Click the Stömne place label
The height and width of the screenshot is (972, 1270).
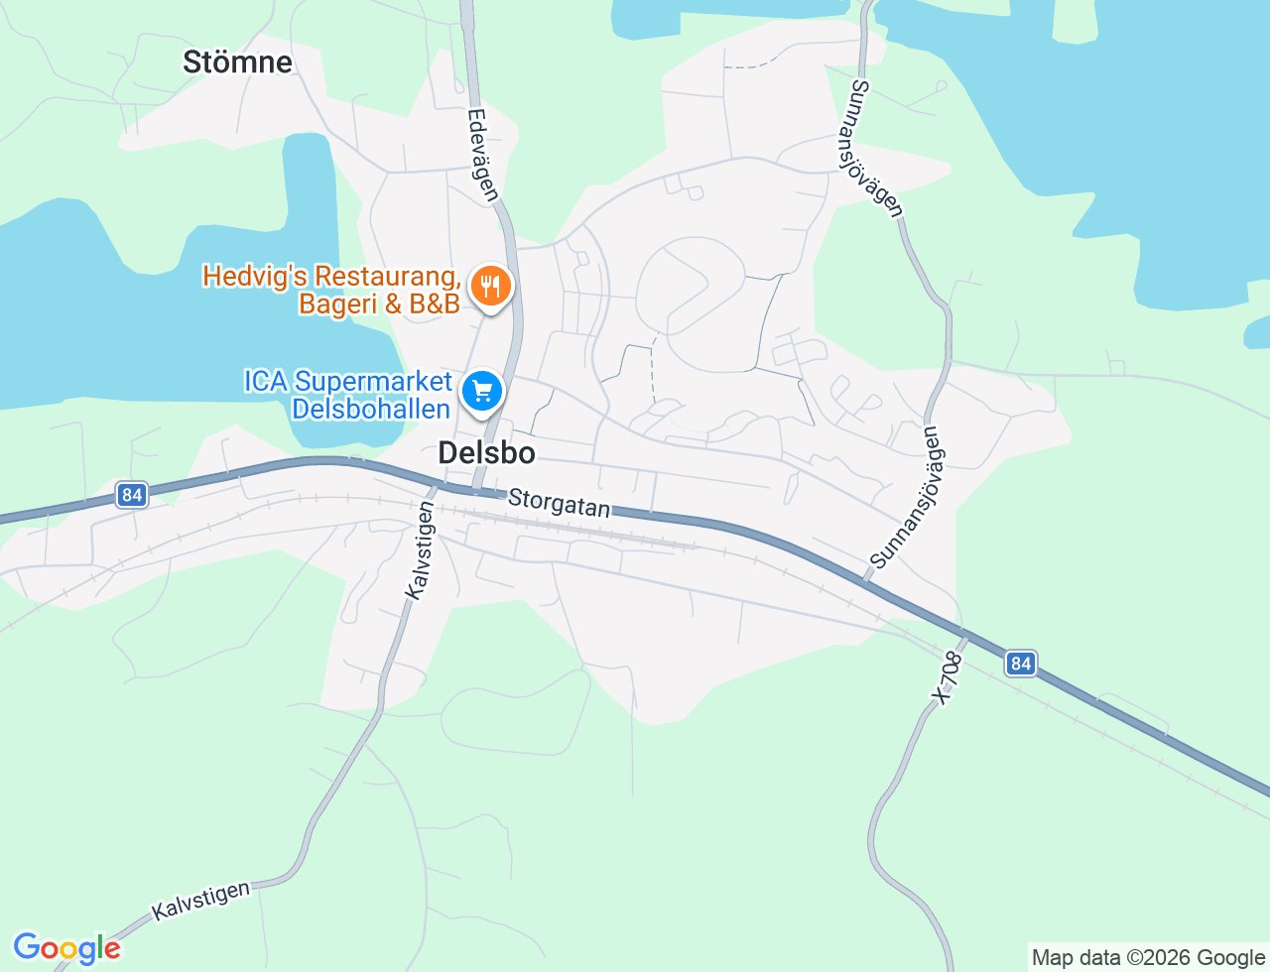click(238, 62)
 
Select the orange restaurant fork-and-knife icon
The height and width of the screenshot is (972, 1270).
click(490, 286)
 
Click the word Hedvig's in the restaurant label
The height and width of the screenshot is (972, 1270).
click(252, 276)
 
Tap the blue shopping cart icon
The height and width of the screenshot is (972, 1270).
click(483, 391)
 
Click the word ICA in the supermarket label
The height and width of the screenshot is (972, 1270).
click(266, 382)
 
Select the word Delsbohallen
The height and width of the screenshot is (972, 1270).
click(371, 409)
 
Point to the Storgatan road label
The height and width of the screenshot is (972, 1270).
click(559, 503)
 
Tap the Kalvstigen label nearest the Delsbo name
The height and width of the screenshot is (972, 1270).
click(420, 549)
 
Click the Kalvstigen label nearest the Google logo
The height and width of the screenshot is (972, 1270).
click(200, 901)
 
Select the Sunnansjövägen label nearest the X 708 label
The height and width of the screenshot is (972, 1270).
click(907, 498)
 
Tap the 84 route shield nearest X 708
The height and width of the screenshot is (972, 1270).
click(1020, 663)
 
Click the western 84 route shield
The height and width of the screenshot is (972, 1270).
click(131, 494)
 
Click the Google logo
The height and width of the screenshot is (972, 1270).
click(66, 949)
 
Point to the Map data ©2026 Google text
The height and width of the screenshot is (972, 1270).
click(1148, 958)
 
